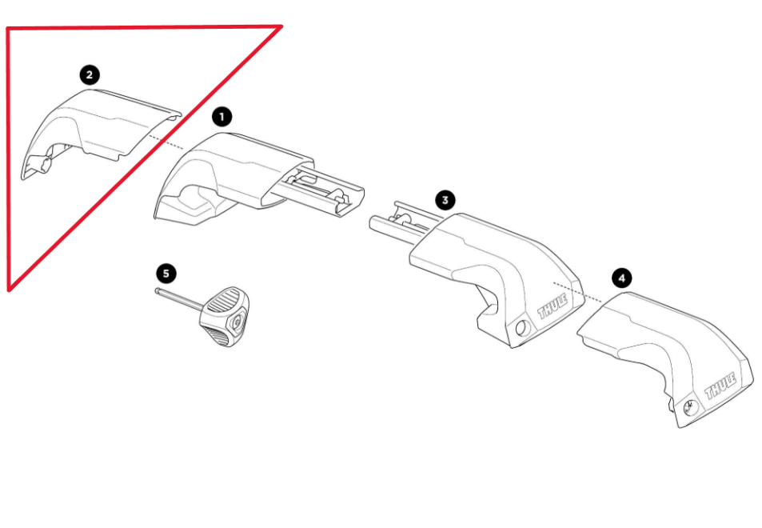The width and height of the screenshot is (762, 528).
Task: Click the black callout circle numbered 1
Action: pos(222,117)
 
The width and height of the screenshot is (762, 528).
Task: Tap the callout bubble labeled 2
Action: pos(89,75)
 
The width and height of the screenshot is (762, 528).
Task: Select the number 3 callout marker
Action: pos(445,199)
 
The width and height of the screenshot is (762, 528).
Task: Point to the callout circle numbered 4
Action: pos(621,278)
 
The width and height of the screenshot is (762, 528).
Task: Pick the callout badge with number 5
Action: pos(166,274)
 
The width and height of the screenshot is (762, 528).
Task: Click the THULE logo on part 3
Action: pos(553,306)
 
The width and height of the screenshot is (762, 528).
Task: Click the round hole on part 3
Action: pos(522,326)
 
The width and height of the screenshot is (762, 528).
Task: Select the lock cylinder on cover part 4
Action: pos(689,405)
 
